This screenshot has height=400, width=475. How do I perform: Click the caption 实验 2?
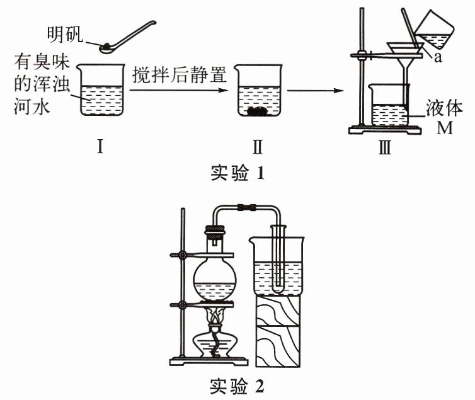point(236,384)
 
